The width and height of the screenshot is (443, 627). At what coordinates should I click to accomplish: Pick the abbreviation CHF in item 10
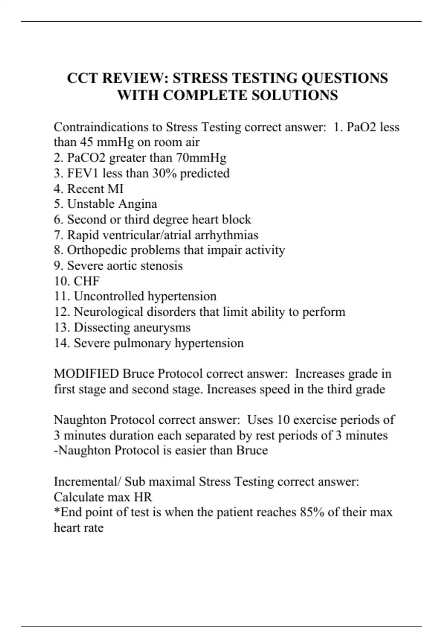(87, 281)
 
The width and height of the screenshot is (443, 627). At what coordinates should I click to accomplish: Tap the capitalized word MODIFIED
(86, 374)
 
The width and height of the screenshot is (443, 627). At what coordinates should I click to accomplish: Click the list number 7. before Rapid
(59, 235)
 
